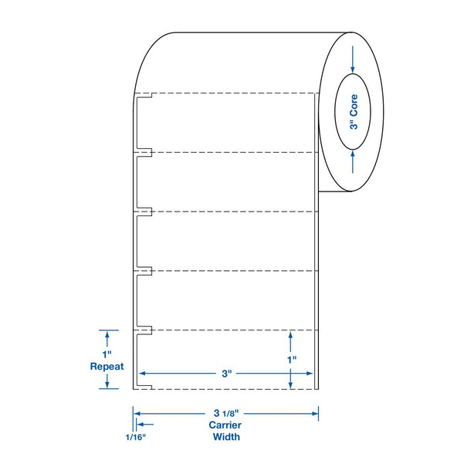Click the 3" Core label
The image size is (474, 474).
click(x=354, y=112)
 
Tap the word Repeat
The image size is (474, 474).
click(x=107, y=367)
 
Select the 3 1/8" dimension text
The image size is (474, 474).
click(x=226, y=413)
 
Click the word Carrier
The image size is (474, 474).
click(x=225, y=425)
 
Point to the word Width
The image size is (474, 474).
click(x=226, y=437)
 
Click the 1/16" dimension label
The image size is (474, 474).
click(x=136, y=437)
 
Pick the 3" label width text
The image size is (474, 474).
click(x=227, y=374)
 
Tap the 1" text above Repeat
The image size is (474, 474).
click(x=107, y=354)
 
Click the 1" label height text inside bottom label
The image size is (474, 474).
click(x=292, y=360)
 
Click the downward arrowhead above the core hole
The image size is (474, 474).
click(x=353, y=69)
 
